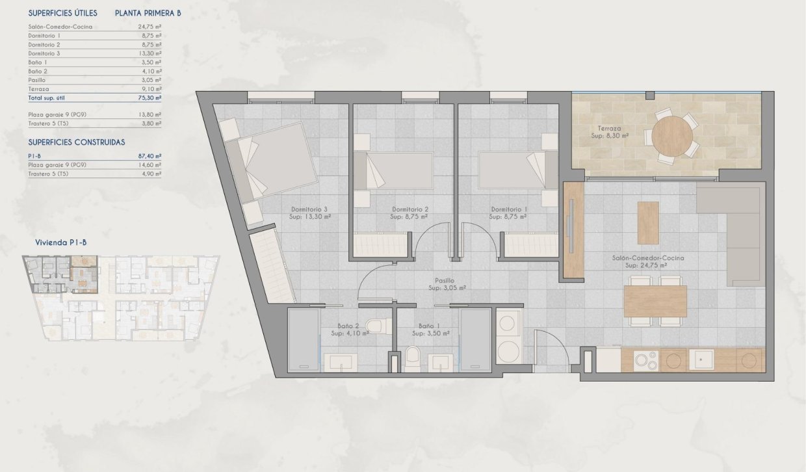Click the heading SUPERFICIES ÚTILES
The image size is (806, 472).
(x=63, y=13)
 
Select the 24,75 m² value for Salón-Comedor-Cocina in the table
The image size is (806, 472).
(x=149, y=27)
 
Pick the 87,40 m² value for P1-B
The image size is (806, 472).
(x=149, y=156)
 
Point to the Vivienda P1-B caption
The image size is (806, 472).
(x=61, y=243)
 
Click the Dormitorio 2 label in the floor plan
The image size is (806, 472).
(x=409, y=209)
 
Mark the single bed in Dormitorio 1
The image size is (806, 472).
(x=513, y=170)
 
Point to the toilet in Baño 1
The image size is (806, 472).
(x=413, y=357)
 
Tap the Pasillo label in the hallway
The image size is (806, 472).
(x=445, y=281)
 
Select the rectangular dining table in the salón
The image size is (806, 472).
(x=655, y=301)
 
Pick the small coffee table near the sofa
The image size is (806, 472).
(x=648, y=222)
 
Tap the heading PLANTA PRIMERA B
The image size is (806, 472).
(x=147, y=13)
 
